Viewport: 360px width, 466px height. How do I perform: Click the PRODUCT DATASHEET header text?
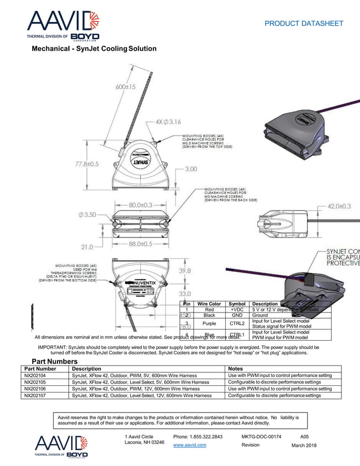(304, 23)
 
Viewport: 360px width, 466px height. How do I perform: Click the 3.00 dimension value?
(191, 169)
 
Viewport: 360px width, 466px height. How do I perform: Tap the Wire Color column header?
(209, 304)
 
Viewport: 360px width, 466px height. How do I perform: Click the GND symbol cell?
(236, 316)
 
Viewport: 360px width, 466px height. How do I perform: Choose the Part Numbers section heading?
(54, 361)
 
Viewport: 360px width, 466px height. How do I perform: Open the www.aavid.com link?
(190, 445)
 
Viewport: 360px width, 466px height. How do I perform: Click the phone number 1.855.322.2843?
(198, 437)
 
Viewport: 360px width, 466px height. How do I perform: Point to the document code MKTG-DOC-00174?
(261, 437)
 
